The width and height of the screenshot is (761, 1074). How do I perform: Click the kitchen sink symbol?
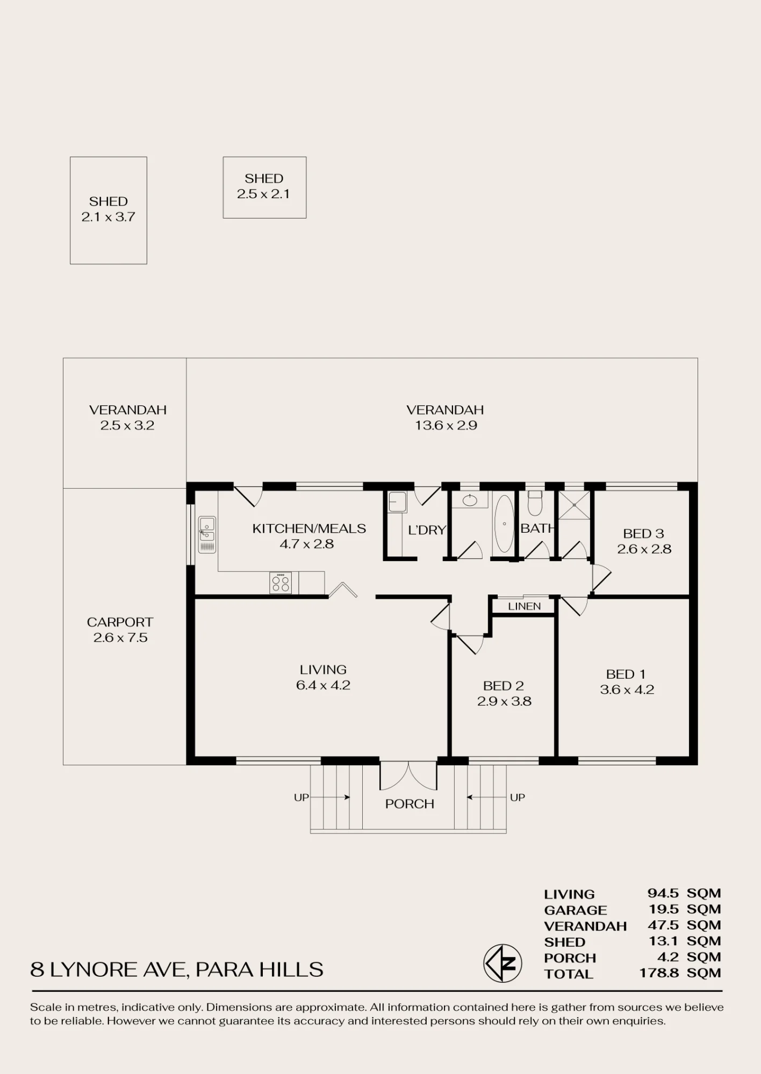[x=207, y=534]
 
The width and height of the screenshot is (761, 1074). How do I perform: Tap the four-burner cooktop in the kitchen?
[x=281, y=583]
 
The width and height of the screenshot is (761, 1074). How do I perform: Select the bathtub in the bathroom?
[x=504, y=524]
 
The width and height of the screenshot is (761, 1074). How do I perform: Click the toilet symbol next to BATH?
[x=535, y=503]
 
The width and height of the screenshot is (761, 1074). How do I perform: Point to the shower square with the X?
[x=574, y=505]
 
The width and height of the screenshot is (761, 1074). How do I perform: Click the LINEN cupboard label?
[x=525, y=606]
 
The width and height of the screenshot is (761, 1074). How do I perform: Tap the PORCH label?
[x=410, y=804]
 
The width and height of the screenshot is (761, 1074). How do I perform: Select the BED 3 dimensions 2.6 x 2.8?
[x=644, y=549]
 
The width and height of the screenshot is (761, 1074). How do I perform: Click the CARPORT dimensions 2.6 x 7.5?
[x=120, y=637]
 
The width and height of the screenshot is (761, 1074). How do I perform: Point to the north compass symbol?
[x=503, y=963]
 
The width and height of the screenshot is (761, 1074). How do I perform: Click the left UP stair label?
[x=301, y=797]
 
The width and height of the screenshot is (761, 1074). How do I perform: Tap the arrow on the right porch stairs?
[x=487, y=797]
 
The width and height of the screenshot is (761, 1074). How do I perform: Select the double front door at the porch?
[x=408, y=775]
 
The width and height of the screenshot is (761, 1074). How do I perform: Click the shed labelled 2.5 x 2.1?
[x=264, y=187]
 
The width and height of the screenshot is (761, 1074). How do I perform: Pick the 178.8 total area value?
[x=659, y=973]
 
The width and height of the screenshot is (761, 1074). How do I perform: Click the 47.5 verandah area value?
[x=662, y=925]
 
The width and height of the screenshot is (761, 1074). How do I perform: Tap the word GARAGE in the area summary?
[x=576, y=910]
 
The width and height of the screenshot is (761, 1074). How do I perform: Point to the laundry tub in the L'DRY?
[x=398, y=502]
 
